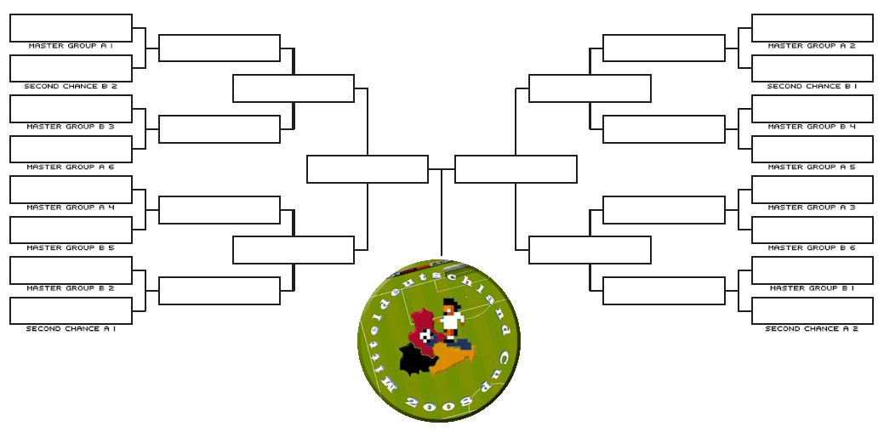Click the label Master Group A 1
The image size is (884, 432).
coord(71,46)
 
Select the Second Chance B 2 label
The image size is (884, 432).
coord(71,86)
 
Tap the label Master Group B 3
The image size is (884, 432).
coord(71,127)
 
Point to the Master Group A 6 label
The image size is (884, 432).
coord(71,167)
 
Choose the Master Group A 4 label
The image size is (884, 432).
coord(71,207)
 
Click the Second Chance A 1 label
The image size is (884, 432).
coord(71,328)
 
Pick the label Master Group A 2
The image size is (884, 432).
coord(812,46)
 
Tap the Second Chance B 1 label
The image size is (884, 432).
coord(812,86)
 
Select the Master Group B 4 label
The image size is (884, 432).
coord(812,127)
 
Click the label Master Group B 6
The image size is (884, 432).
coord(812,247)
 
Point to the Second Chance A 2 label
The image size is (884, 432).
coord(812,328)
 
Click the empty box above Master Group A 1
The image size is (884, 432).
coord(71,27)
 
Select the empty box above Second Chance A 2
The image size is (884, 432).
coord(812,310)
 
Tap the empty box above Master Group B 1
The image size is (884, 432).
coord(812,270)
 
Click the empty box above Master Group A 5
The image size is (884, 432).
coord(812,149)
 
